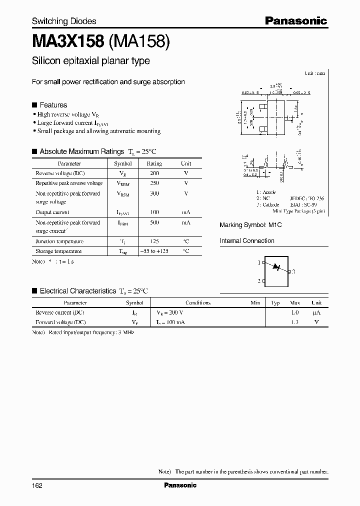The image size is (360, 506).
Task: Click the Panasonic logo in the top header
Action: click(x=295, y=21)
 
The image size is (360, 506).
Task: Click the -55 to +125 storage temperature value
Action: click(x=154, y=251)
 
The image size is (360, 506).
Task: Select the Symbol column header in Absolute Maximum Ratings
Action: click(x=123, y=163)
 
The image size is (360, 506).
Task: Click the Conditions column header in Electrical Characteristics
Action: click(x=198, y=302)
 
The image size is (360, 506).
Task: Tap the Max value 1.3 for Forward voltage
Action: click(x=294, y=322)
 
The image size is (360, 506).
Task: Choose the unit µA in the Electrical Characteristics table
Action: click(x=316, y=312)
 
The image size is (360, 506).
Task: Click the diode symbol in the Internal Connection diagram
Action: click(x=275, y=267)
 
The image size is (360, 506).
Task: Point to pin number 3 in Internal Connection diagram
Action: click(x=293, y=271)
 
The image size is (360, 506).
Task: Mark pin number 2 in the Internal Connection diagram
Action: click(x=259, y=281)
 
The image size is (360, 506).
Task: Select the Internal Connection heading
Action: click(x=247, y=241)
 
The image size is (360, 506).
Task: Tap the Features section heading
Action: click(x=53, y=105)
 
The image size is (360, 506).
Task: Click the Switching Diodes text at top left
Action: click(x=64, y=21)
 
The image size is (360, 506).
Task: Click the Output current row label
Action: click(x=52, y=212)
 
